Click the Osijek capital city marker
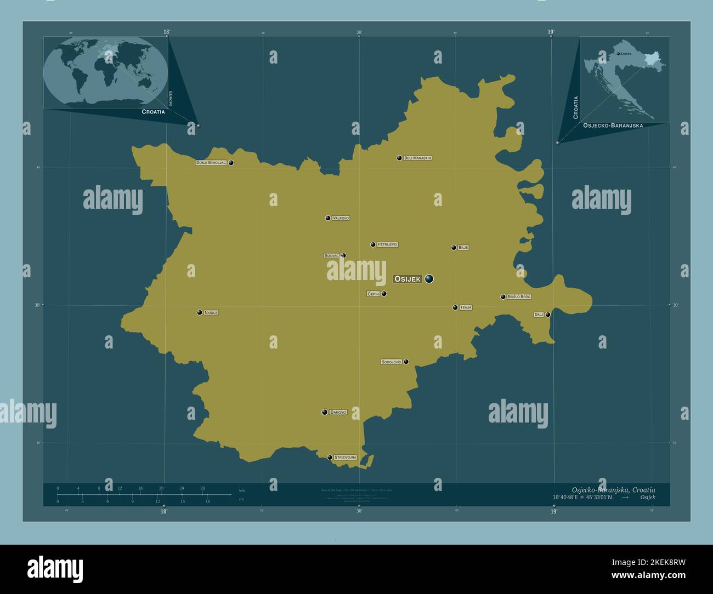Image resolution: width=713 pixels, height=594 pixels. (429, 279)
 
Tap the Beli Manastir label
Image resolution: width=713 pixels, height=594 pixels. (417, 158)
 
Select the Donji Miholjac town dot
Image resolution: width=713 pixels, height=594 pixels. (231, 163)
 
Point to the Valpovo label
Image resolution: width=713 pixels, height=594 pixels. (341, 218)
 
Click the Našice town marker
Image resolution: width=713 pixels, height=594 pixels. (200, 312)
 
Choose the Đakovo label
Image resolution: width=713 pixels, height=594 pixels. (338, 412)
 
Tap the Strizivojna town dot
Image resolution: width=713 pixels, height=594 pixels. (330, 457)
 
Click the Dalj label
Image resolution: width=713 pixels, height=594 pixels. (539, 315)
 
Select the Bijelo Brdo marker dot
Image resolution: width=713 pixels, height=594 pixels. (503, 297)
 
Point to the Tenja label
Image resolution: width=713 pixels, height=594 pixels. (466, 307)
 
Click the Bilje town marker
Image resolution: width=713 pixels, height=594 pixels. (454, 248)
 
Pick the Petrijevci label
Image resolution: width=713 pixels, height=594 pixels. (387, 244)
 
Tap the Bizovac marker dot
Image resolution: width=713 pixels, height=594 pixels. (343, 255)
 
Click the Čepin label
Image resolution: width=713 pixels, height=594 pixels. (373, 294)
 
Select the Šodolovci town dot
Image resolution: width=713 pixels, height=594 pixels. (406, 362)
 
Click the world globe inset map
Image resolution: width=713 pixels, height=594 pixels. (106, 72)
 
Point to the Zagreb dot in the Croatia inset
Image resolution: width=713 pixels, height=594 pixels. (618, 54)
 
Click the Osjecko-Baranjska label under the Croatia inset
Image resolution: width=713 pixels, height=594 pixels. (613, 125)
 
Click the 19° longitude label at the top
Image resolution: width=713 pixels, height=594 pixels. (551, 32)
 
